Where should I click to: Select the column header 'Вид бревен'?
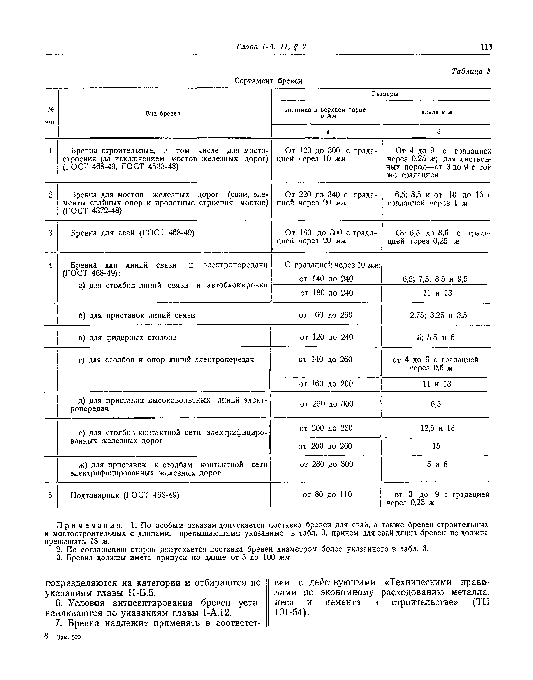(x=163, y=114)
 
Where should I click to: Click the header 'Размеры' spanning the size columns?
(x=385, y=94)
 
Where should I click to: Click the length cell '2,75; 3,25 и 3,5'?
(x=438, y=315)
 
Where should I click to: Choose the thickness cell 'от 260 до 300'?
(x=327, y=404)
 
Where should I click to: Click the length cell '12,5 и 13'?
(x=438, y=428)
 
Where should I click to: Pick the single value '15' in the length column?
(x=436, y=446)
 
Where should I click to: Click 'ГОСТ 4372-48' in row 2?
(x=92, y=211)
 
